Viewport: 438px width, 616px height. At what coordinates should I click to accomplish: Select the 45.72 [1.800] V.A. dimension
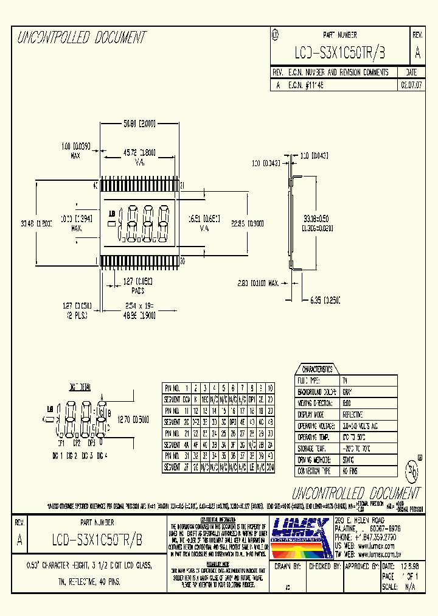coord(139,152)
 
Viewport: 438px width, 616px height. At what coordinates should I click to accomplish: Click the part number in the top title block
coord(339,53)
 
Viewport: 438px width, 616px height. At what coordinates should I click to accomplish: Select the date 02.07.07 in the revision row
coord(411,86)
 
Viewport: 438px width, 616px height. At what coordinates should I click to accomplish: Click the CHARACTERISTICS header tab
coord(317,369)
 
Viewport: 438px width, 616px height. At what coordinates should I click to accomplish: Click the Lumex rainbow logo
coord(300,538)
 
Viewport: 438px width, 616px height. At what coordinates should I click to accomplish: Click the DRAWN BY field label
coord(288,565)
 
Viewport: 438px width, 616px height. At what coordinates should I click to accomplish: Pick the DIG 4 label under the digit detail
coord(101,455)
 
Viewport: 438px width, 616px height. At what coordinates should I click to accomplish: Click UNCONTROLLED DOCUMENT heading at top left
coord(82,38)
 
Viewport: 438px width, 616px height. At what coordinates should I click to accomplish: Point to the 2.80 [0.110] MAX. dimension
coord(258,283)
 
